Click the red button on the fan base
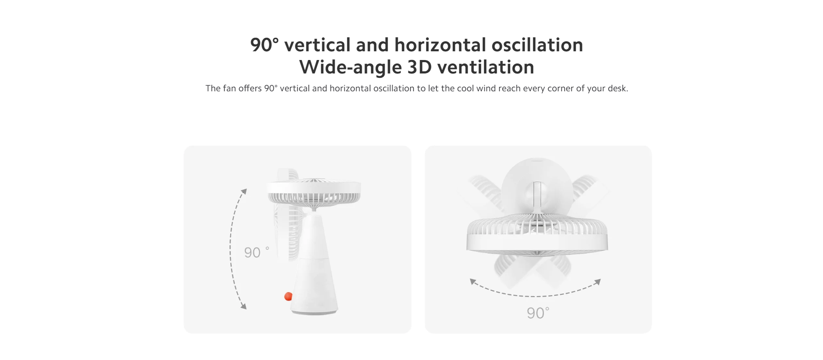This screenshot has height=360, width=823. [288, 297]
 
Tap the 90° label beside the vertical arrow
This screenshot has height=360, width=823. [257, 252]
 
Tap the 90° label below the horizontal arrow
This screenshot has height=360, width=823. [538, 313]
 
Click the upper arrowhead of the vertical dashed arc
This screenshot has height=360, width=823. [244, 191]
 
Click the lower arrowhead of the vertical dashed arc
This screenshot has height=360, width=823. [244, 307]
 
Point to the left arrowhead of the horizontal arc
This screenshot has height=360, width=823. [473, 282]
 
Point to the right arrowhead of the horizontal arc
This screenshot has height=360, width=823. [598, 282]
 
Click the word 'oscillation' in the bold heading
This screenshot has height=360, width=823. [537, 45]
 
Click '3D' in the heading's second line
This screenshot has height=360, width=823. [420, 67]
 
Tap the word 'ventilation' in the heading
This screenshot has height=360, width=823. [486, 67]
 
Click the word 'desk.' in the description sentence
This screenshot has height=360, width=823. [618, 88]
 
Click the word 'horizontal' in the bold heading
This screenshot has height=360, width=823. [440, 45]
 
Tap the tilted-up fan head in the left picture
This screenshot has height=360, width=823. [314, 190]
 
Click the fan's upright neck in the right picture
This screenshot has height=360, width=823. [538, 198]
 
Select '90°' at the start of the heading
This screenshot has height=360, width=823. [265, 45]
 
